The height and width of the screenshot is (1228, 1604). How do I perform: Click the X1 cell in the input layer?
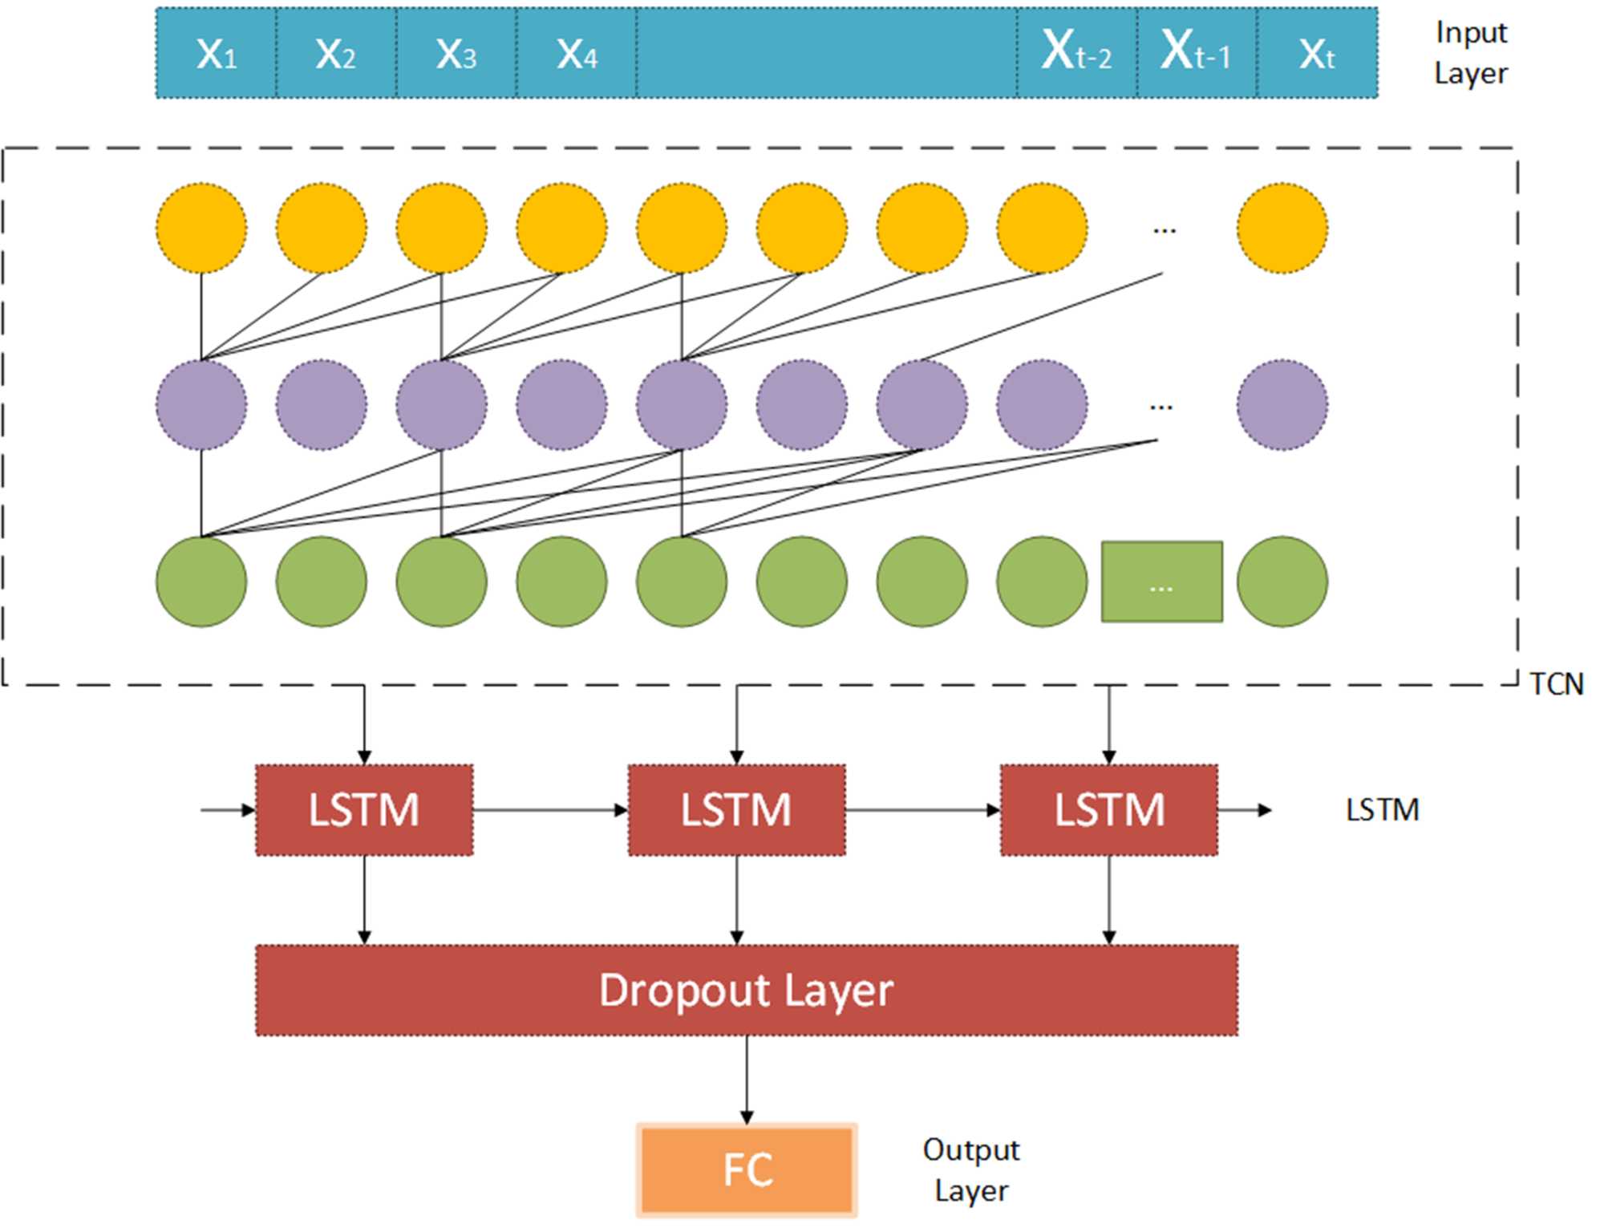217,54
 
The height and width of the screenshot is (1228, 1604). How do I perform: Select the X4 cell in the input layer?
577,54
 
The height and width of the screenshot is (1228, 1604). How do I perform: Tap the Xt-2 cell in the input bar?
1076,52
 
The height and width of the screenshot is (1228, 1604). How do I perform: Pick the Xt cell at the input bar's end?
1317,54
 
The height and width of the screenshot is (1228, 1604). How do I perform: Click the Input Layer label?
1471,53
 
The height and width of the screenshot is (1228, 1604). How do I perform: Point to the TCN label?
1557,684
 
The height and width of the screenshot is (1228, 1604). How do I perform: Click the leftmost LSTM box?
364,810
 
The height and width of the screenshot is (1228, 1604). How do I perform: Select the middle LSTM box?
736,810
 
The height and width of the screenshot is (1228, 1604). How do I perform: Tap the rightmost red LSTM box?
1109,810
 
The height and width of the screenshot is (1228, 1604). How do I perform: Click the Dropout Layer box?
747,991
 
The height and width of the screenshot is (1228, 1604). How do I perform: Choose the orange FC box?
747,1169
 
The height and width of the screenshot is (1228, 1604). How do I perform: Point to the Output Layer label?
971,1170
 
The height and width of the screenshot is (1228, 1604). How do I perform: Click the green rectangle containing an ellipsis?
1162,582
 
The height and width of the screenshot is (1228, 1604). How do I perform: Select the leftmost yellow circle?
201,229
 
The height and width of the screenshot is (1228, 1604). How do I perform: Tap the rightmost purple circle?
1282,405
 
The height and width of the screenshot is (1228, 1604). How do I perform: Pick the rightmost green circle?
1282,582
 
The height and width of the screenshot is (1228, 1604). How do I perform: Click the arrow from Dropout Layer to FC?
747,1080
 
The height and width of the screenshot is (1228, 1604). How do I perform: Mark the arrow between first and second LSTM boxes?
550,810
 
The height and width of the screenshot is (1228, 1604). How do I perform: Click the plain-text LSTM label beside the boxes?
1382,810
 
